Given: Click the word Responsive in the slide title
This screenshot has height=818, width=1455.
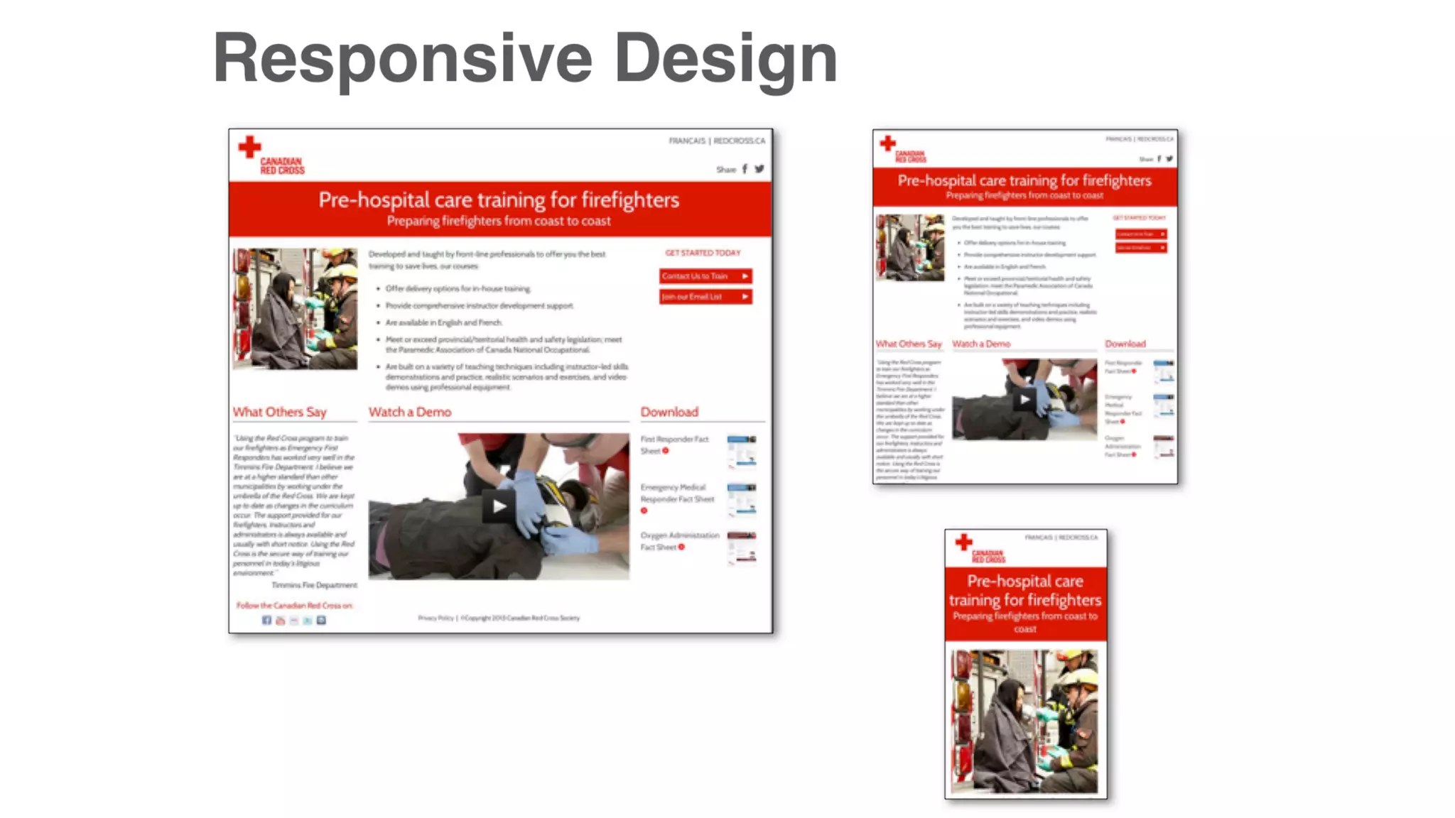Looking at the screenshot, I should [x=402, y=58].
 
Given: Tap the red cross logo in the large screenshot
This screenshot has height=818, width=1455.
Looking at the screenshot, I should [x=249, y=147].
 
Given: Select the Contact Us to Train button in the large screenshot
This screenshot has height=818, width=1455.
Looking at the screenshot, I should [x=705, y=276].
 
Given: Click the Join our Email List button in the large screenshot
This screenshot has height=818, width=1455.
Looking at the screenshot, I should [x=705, y=297].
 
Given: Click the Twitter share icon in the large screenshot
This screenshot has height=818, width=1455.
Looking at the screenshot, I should [x=759, y=169].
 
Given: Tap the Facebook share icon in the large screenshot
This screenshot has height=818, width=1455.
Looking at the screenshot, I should [x=745, y=169].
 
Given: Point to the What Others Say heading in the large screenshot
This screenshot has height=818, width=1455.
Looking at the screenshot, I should [x=279, y=412].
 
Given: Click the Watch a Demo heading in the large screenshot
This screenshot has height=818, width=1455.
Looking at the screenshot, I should [x=409, y=412].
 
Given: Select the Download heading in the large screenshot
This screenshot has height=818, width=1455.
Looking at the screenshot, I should [x=669, y=412].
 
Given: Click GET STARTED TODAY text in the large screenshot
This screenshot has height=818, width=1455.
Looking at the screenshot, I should [x=703, y=253].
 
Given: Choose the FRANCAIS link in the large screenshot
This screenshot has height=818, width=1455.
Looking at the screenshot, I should [x=686, y=141].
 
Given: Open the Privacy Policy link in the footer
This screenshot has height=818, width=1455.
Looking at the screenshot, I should [x=436, y=618].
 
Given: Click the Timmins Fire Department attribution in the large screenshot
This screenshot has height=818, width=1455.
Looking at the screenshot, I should [x=314, y=585].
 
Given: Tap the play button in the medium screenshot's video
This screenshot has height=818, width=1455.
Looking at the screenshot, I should [x=1024, y=399].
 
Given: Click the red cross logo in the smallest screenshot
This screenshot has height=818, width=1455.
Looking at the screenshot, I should [x=963, y=542].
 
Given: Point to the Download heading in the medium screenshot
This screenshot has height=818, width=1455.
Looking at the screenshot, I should [x=1125, y=344].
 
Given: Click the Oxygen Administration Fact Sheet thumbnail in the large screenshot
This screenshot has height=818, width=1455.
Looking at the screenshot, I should [x=741, y=547].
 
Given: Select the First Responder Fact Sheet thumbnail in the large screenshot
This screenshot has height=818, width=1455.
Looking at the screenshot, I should [x=741, y=451].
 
